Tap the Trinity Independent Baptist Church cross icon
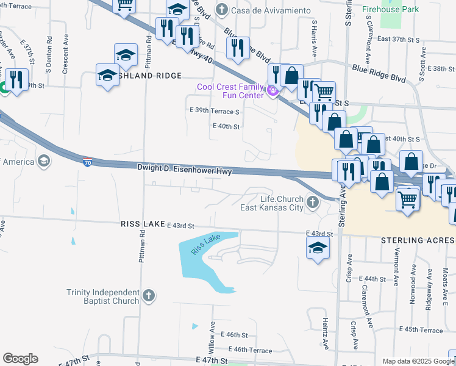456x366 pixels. [x=148, y=296]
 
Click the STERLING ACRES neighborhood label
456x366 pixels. [x=418, y=240]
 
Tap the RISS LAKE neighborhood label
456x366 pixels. [x=143, y=224]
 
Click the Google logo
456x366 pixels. [x=20, y=359]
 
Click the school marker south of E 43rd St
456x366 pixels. [x=318, y=248]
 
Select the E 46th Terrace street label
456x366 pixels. [x=250, y=350]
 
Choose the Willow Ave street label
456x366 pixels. [x=213, y=340]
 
